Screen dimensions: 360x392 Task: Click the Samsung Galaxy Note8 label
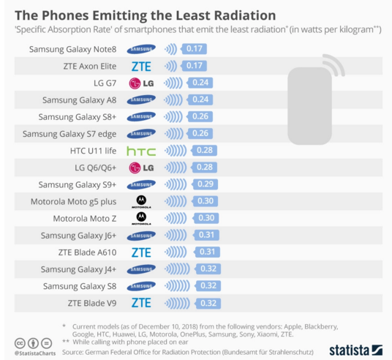(x=74, y=49)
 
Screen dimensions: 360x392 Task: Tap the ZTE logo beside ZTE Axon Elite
(x=141, y=66)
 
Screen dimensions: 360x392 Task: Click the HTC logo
(x=141, y=151)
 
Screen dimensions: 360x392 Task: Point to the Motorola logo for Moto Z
(x=141, y=218)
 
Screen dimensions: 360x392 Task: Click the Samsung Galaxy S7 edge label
(x=71, y=134)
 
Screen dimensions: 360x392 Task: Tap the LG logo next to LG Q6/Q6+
(x=141, y=168)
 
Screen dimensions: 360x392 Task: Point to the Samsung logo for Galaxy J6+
(x=141, y=236)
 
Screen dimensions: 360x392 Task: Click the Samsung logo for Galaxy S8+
(x=141, y=117)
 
